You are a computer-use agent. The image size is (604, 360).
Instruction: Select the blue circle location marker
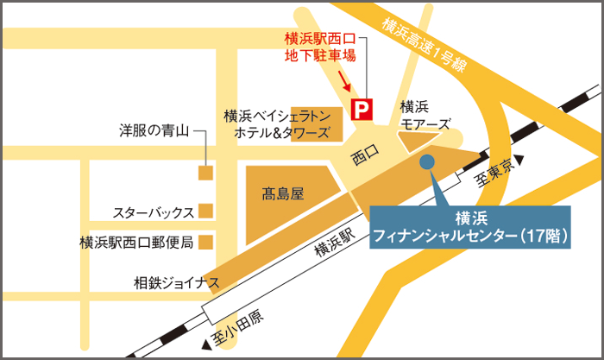pos(425,161)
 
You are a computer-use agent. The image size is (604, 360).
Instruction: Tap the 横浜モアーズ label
pos(424,116)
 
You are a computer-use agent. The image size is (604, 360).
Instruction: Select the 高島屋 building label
pos(285,195)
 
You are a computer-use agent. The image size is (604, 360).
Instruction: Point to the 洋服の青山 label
pos(153,131)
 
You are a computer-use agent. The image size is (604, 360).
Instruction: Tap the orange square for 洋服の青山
pos(205,174)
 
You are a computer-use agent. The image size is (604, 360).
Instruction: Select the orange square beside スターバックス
pos(205,211)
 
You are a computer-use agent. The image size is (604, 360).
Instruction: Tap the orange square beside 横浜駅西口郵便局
pos(205,243)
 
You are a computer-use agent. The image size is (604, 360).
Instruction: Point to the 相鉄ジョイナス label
pos(176,281)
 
